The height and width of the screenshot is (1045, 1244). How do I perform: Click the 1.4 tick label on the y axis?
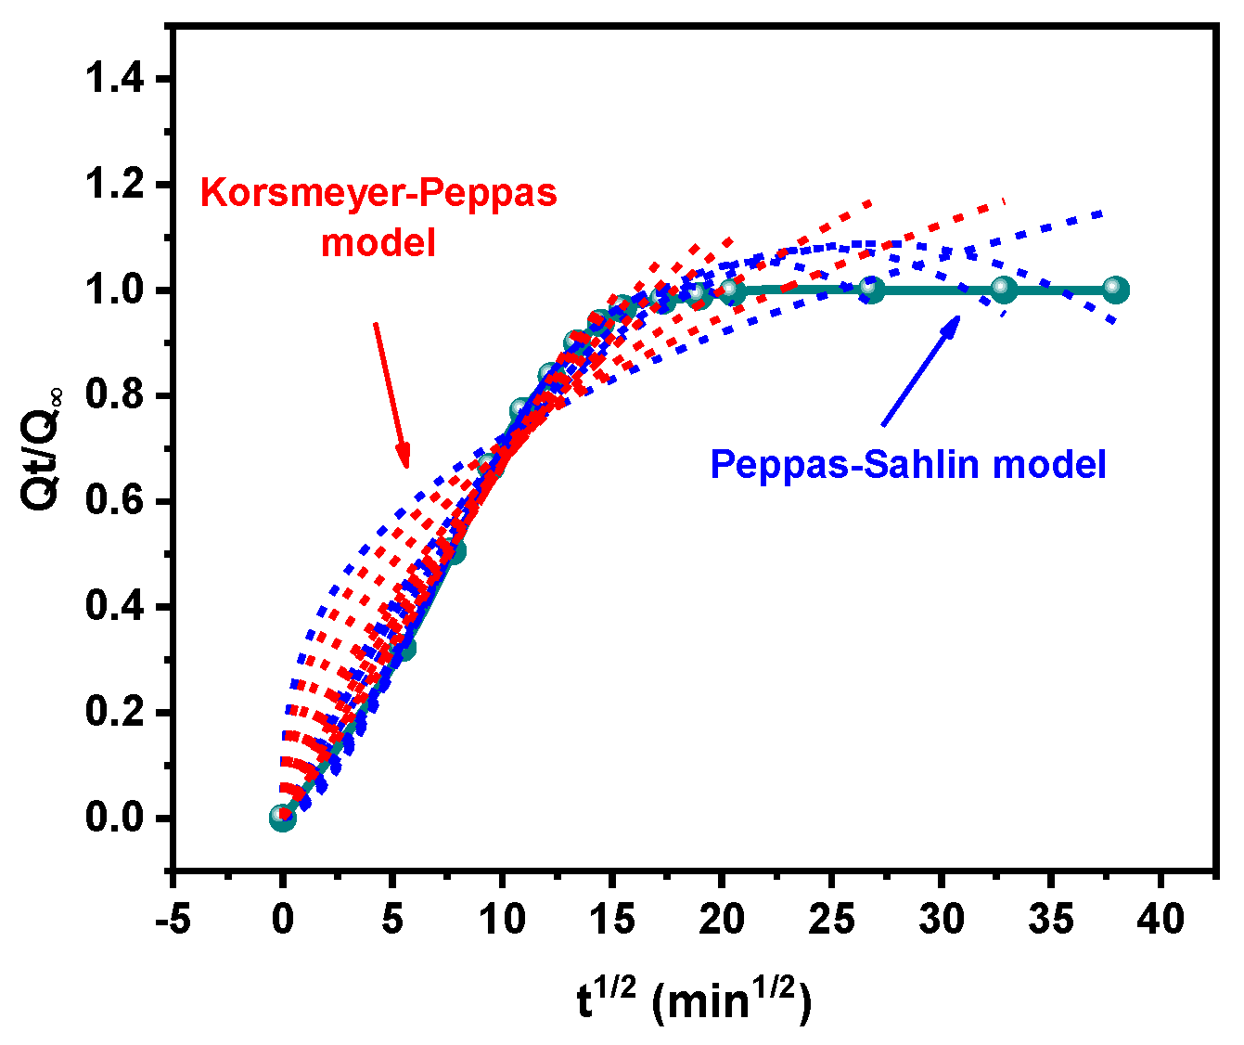[x=115, y=80]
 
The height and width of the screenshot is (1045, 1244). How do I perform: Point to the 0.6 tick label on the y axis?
[x=115, y=502]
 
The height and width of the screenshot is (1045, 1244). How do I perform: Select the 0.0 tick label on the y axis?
[x=115, y=819]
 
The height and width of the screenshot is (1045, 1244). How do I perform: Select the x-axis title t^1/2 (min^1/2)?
[x=694, y=1001]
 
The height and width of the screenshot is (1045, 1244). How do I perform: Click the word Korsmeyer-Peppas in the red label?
[x=379, y=193]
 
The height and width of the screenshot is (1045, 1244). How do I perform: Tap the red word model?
[x=378, y=243]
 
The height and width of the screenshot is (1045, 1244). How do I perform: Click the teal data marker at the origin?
[x=283, y=818]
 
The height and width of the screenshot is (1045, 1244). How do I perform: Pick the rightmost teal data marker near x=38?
[x=1116, y=290]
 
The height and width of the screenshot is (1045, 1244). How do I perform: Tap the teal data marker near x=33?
[x=1004, y=290]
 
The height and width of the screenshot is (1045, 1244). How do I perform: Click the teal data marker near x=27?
[x=872, y=290]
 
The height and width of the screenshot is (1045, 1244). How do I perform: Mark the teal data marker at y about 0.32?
[x=404, y=648]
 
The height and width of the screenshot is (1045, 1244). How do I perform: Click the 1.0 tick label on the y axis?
[x=115, y=291]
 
